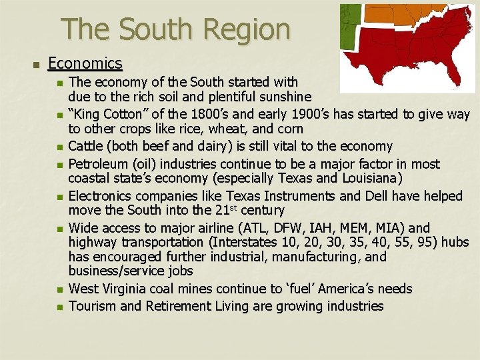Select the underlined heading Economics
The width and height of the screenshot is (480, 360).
pos(85,63)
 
